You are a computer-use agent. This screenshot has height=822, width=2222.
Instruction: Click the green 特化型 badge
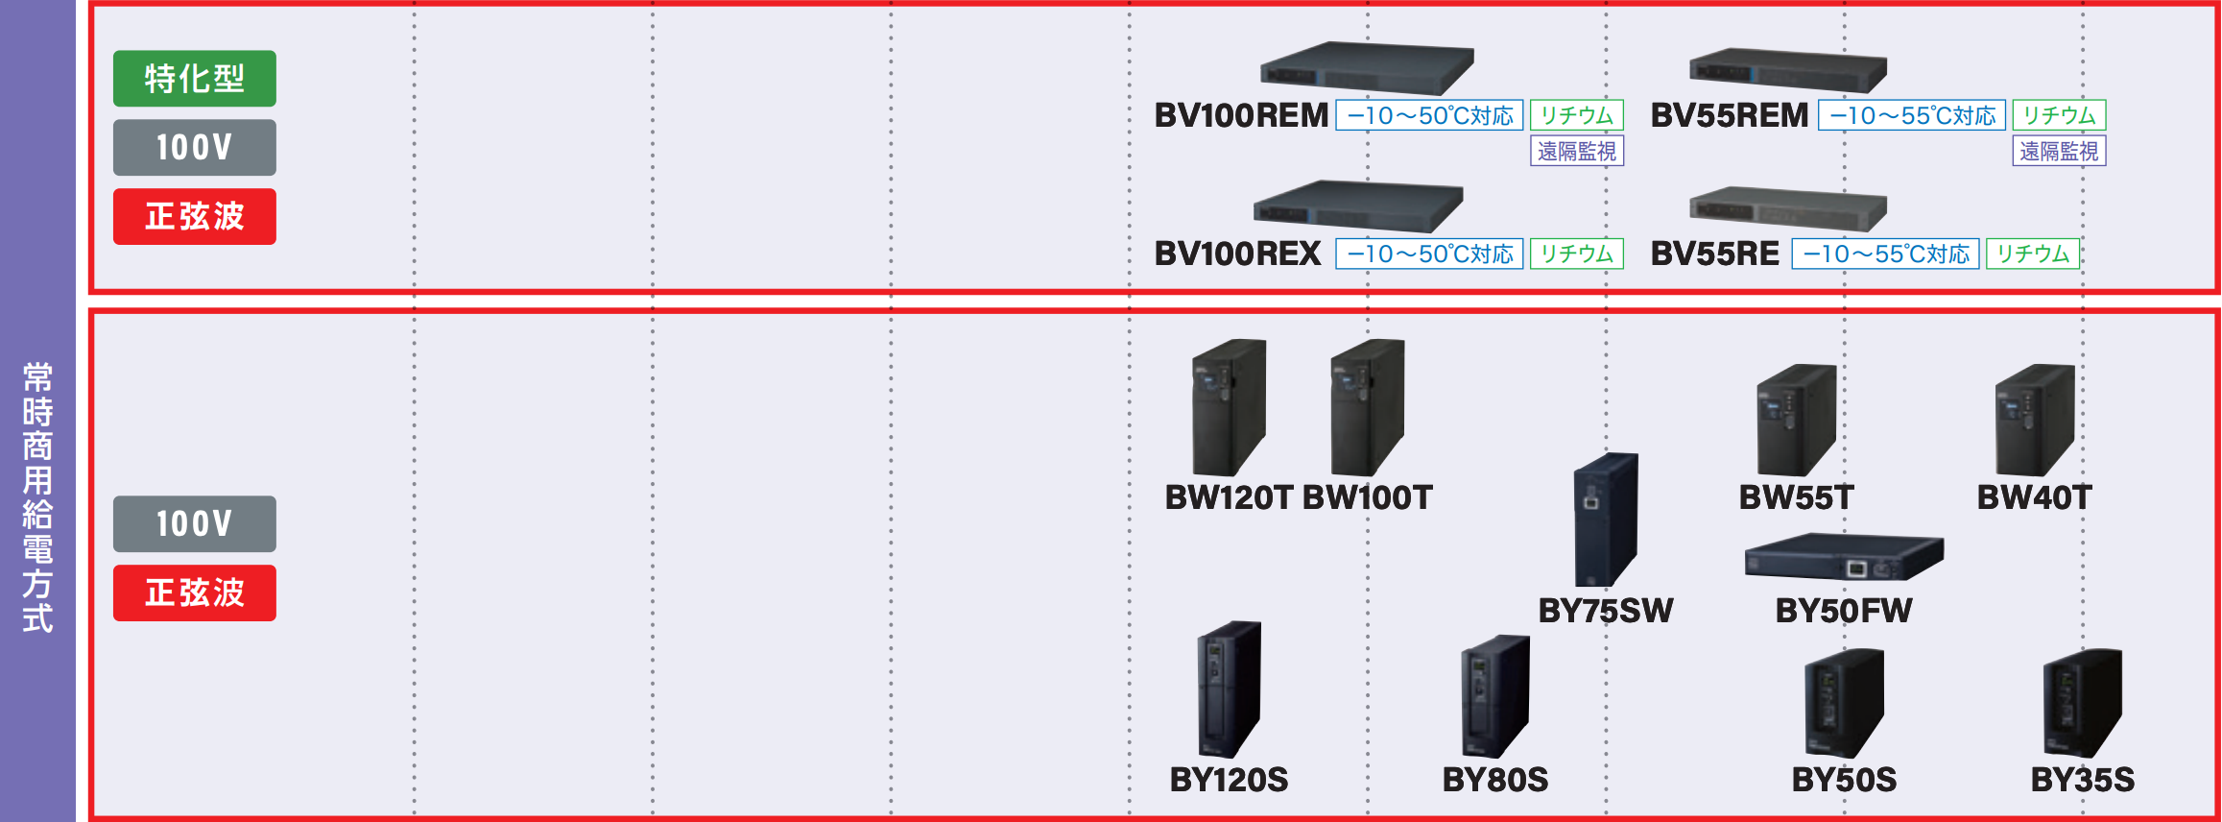tap(195, 79)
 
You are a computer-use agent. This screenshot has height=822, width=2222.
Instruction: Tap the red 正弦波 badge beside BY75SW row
tap(195, 592)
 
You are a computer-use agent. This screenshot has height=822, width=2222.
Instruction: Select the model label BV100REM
tap(1241, 115)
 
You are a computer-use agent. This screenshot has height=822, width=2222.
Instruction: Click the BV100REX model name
tap(1238, 254)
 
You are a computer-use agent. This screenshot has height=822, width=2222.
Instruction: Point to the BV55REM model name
tap(1730, 115)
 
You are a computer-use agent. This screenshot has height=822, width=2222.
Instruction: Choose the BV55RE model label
tap(1715, 254)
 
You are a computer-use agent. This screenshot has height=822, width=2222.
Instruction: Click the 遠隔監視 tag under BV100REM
tap(1577, 151)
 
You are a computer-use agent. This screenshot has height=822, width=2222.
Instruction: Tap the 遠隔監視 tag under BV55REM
tap(2060, 151)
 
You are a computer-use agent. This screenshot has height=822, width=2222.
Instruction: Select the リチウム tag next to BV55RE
tap(2033, 254)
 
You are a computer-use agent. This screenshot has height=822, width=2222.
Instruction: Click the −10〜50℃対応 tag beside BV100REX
tap(1429, 254)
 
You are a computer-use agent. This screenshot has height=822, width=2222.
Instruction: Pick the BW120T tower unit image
tap(1229, 407)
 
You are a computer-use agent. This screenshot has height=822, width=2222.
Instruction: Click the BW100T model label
tap(1368, 497)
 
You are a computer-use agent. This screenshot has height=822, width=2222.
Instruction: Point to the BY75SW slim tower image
tap(1606, 519)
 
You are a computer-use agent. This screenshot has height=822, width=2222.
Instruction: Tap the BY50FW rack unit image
tap(1844, 557)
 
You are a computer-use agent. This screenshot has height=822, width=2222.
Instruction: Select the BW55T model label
tap(1797, 497)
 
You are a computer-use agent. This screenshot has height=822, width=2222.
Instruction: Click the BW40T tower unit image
tap(2035, 420)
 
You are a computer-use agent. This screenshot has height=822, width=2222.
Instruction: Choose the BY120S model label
tap(1229, 780)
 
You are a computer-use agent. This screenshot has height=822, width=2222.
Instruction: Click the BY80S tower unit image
tap(1495, 696)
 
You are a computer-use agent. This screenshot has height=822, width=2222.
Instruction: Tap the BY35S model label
tap(2083, 780)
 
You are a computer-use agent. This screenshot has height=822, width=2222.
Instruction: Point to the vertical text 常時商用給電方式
tap(37, 497)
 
